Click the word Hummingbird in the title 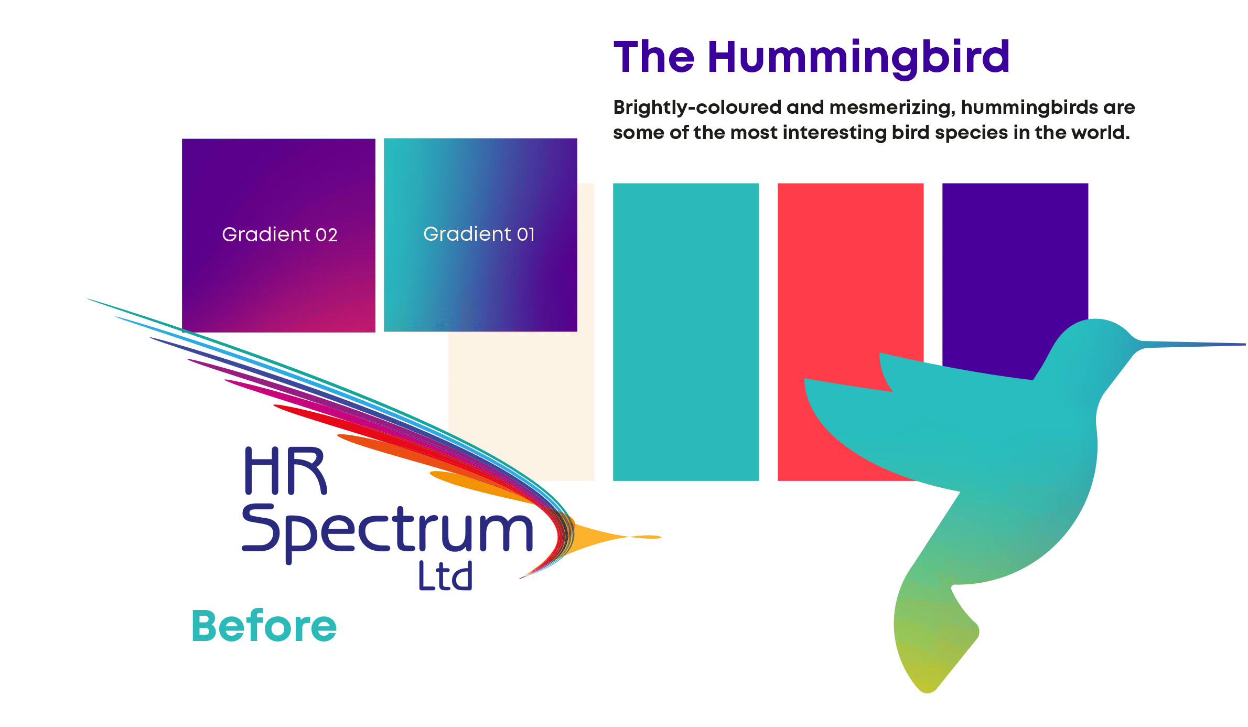858,58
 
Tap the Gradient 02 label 279,234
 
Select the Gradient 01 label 479,234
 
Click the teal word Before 264,626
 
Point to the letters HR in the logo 286,471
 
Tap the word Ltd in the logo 446,575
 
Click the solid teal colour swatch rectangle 686,332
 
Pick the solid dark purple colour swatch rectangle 1015,262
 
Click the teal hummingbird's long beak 1190,344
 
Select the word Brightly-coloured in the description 697,108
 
